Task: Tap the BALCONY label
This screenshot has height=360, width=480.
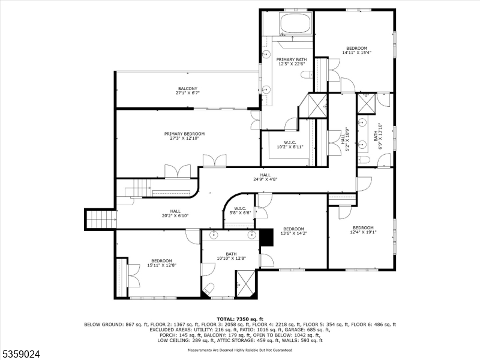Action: click(187, 88)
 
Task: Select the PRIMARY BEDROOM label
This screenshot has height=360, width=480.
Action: click(185, 133)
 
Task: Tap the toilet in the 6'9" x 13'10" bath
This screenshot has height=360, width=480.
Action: click(364, 158)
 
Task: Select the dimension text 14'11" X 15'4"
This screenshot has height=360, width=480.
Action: click(356, 53)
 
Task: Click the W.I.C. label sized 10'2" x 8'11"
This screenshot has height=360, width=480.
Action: click(290, 142)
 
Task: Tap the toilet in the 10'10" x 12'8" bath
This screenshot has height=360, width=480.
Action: click(208, 289)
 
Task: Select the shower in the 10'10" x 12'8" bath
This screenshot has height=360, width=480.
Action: click(244, 283)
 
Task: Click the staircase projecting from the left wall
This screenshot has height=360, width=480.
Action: click(100, 219)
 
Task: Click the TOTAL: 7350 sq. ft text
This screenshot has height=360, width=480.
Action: click(240, 319)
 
